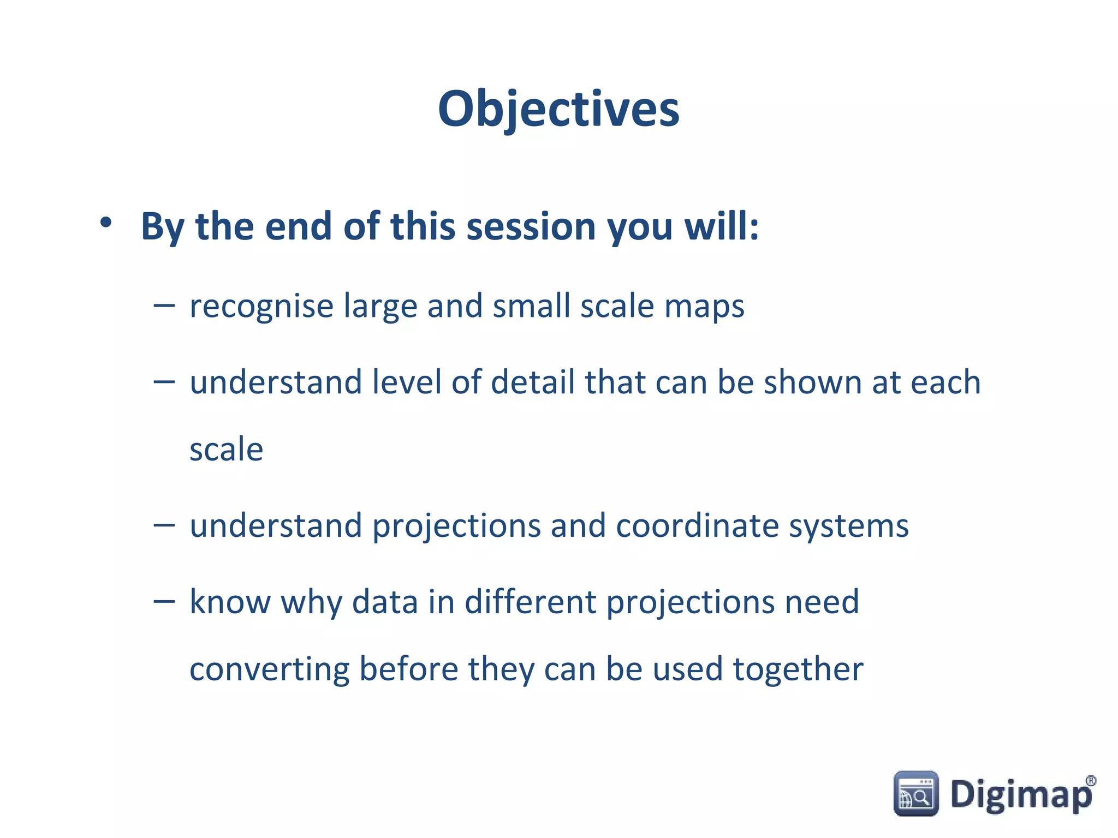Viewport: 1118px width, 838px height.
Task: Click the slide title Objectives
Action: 558,109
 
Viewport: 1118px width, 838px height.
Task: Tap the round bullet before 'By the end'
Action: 106,222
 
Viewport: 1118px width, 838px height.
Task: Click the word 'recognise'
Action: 261,307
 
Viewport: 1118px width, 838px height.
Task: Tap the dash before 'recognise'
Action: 164,307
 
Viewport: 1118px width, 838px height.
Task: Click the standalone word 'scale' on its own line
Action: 226,450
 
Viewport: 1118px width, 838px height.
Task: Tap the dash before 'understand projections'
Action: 164,525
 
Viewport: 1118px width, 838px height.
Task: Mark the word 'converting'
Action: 270,671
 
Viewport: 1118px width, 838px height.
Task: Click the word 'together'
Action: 798,671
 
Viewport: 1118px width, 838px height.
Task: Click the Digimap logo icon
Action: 916,794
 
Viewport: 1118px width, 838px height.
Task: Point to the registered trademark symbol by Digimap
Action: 1091,781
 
